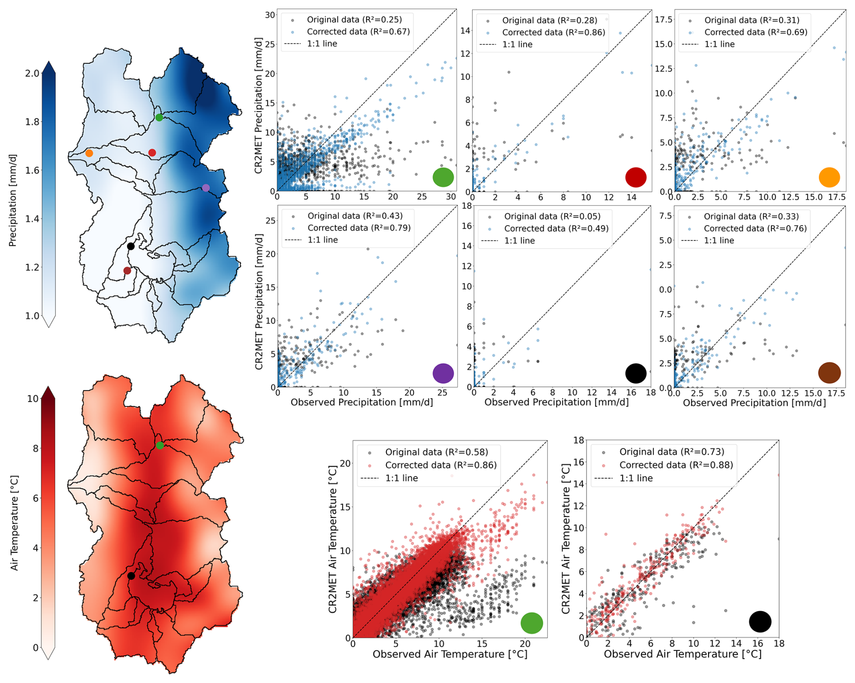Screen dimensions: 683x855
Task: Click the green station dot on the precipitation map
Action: pos(159,118)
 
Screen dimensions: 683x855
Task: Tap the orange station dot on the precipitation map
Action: pos(89,153)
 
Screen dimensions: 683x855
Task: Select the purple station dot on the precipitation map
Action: pos(206,188)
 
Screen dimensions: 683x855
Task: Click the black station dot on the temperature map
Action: pos(131,576)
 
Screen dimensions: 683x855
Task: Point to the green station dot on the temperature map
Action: pos(160,445)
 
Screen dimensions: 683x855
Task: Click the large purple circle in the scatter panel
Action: pos(443,373)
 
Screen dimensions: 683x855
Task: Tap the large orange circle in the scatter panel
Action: pos(829,177)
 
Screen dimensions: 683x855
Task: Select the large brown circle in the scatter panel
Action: pos(829,373)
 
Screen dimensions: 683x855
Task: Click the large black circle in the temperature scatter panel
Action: pos(760,622)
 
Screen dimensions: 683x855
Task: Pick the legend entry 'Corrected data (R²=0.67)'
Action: pos(358,32)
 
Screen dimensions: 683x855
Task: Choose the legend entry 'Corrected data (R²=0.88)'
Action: pos(676,465)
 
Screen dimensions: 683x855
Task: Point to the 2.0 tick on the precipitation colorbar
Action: pos(32,73)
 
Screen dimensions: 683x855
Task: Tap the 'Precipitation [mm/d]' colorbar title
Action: pos(12,200)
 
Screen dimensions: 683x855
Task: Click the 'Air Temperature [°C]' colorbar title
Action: pos(14,523)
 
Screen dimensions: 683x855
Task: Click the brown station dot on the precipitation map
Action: pos(127,271)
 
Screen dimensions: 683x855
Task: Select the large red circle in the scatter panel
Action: pos(635,177)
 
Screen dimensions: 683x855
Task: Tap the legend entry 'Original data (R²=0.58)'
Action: pos(436,452)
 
